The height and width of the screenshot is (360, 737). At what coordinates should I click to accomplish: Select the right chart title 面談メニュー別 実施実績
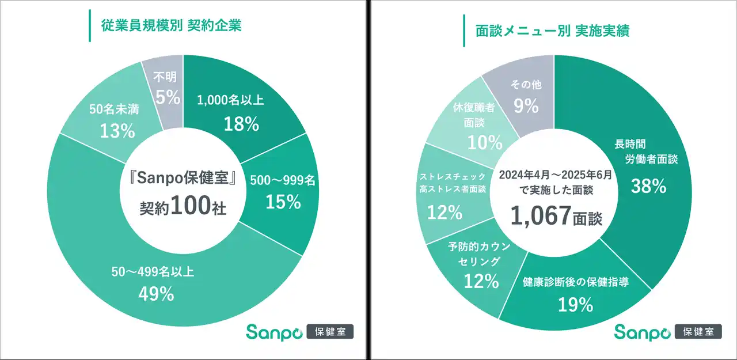tap(552, 31)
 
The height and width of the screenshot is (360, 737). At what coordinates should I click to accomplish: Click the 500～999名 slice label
tap(282, 180)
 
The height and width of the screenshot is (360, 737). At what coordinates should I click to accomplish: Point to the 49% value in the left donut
tap(156, 294)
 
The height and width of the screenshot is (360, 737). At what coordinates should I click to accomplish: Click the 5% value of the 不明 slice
tap(168, 96)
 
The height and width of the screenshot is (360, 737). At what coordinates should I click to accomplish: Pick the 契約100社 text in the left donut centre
tap(184, 207)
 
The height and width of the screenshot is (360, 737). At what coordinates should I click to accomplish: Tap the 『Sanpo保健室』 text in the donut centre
tap(183, 179)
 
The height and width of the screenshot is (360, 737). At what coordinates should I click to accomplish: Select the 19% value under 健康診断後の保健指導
tap(575, 305)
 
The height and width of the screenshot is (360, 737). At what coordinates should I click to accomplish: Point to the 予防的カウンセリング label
tap(480, 254)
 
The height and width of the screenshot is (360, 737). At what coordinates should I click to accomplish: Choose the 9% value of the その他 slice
tap(525, 105)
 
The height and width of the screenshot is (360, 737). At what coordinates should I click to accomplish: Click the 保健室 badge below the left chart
tap(330, 332)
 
